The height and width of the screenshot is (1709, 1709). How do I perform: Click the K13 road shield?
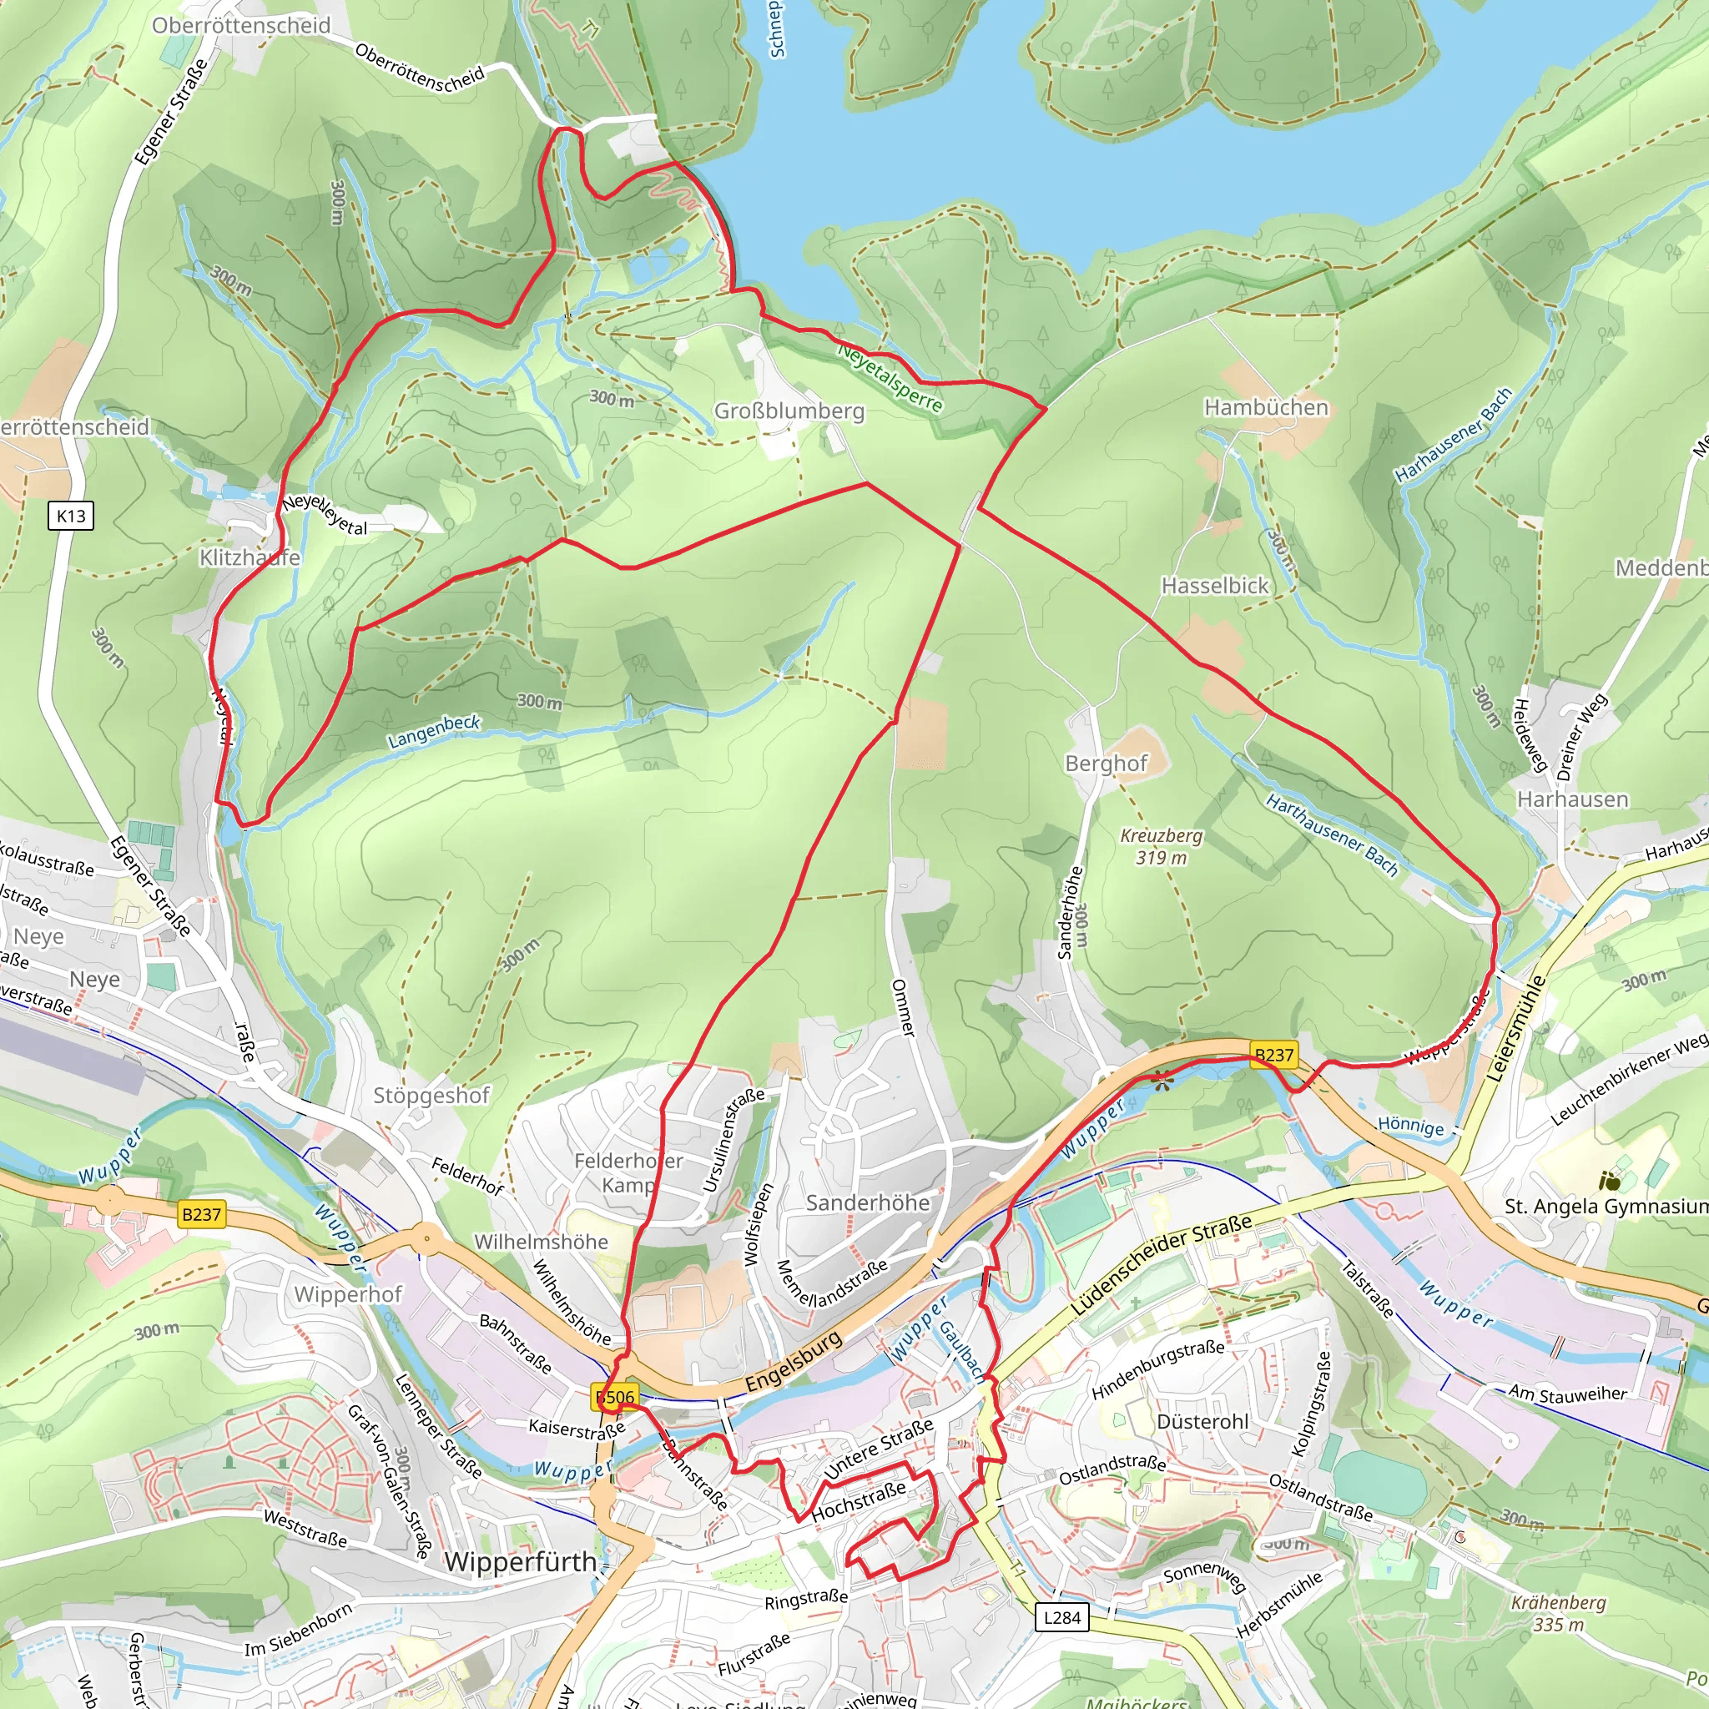71,516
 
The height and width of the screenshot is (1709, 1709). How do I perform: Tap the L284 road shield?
1061,1618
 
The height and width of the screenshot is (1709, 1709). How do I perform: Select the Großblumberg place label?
789,411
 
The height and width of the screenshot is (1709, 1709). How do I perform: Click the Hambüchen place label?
1266,407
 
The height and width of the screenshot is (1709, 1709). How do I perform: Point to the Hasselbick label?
1214,586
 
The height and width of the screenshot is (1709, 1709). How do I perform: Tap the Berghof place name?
1106,764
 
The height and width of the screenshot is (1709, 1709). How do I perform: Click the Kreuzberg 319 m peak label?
1161,846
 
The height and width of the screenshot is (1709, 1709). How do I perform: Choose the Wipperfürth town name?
520,1562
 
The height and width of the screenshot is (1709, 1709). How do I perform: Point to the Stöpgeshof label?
431,1096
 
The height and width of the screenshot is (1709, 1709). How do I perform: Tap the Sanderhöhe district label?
868,1203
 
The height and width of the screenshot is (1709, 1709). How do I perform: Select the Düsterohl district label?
1203,1421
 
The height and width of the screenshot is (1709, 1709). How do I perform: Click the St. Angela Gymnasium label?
1606,1207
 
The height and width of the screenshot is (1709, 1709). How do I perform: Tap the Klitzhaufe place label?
250,557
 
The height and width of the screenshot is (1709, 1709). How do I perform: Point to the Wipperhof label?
348,1294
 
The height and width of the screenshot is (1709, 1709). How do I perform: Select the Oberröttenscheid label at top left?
240,26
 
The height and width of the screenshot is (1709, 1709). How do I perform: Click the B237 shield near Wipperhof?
201,1214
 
